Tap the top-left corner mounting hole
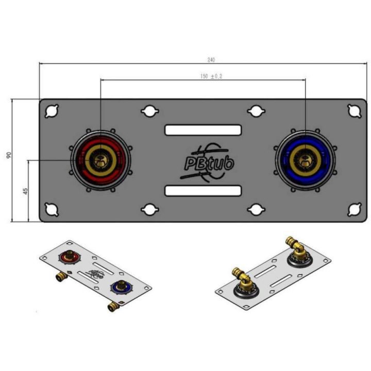click(x=52, y=111)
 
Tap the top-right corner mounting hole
click(x=355, y=111)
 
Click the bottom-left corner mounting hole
click(x=52, y=209)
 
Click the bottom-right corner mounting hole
click(x=355, y=209)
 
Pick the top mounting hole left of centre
click(x=149, y=111)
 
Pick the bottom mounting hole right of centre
click(x=256, y=209)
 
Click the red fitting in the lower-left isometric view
click(x=69, y=255)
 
